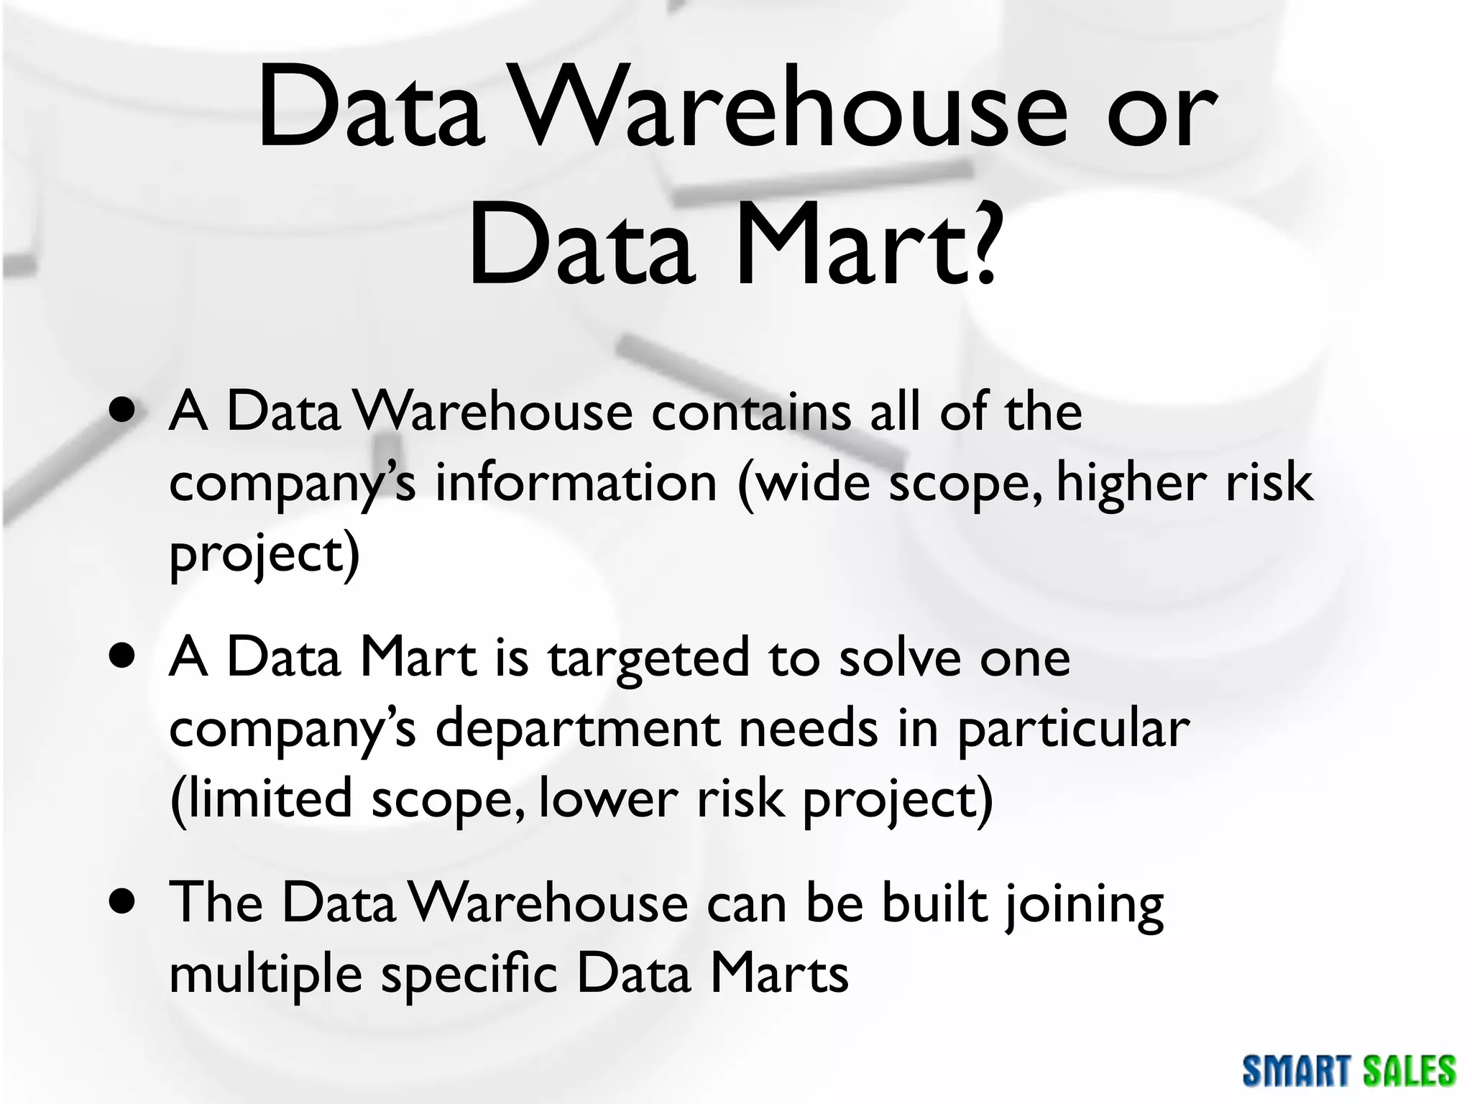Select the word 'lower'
608,799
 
